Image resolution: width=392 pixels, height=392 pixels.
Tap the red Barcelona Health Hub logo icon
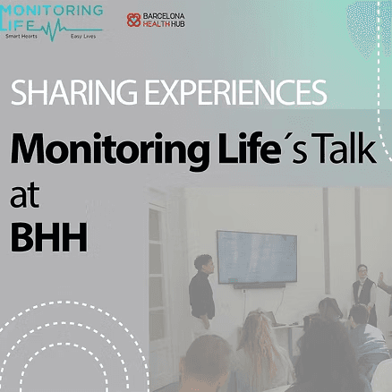pos(133,19)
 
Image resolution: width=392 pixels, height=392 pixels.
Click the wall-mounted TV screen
pos(256,256)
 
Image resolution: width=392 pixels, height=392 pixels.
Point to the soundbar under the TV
pos(260,286)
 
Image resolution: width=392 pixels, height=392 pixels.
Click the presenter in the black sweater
pos(201,290)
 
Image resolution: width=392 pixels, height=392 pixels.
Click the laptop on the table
pos(269,318)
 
